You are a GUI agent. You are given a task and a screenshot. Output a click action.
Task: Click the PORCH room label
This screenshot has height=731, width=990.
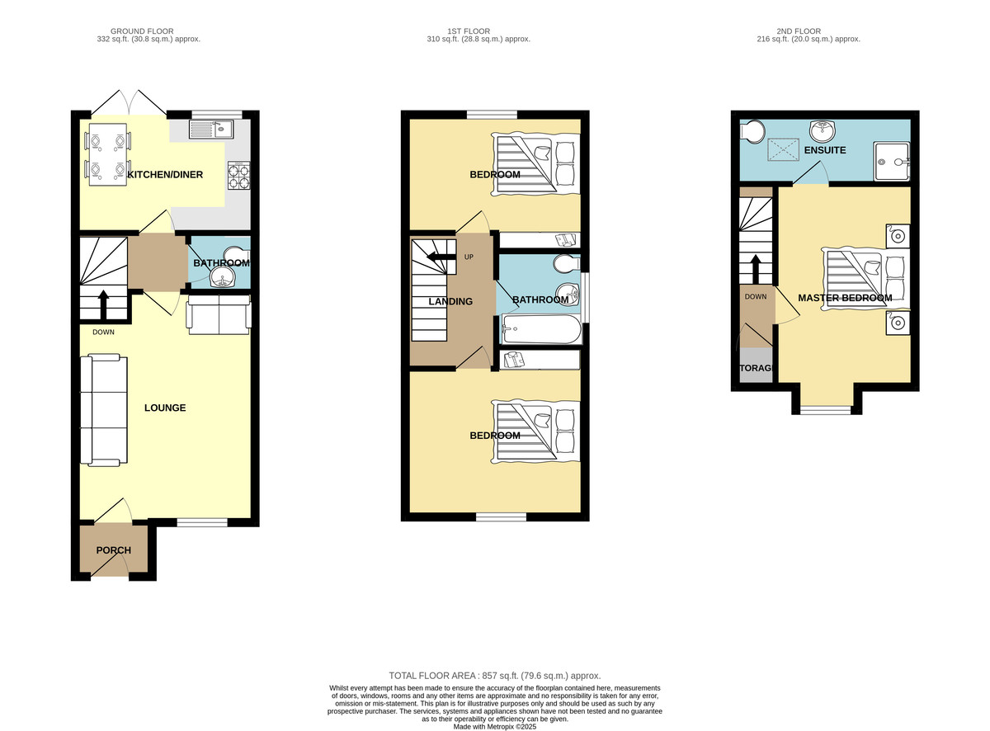(x=113, y=550)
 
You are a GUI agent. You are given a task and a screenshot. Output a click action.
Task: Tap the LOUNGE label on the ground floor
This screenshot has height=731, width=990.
(x=165, y=408)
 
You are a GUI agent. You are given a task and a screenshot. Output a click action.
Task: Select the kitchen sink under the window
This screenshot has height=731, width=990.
(x=211, y=130)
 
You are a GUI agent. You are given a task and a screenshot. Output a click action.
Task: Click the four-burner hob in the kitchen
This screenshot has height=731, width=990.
(x=238, y=176)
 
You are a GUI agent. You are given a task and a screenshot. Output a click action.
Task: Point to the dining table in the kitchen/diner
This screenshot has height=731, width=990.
(x=107, y=154)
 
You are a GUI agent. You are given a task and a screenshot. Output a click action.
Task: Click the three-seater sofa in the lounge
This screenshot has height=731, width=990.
(x=104, y=410)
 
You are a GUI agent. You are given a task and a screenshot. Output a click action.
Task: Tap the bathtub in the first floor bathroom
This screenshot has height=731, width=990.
(x=541, y=329)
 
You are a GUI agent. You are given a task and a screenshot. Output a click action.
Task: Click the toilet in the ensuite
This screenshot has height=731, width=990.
(x=752, y=131)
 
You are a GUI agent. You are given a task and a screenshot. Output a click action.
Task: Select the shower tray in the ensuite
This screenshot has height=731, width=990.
(x=891, y=162)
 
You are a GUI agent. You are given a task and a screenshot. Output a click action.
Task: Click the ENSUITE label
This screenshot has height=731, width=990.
(x=824, y=150)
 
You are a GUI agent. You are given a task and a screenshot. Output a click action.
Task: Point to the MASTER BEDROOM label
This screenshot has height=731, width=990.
(x=845, y=298)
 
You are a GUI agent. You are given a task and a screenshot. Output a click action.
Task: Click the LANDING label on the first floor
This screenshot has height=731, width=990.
(x=450, y=301)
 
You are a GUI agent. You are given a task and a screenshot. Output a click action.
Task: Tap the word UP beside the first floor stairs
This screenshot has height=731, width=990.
(x=469, y=257)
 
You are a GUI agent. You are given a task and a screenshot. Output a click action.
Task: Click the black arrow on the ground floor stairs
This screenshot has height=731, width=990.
(x=103, y=304)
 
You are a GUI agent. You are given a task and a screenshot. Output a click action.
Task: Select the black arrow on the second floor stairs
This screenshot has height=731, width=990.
(x=755, y=269)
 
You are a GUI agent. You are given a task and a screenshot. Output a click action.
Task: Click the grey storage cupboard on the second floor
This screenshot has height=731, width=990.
(x=756, y=365)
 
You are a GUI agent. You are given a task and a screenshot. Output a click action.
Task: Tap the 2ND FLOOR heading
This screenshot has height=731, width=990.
(x=799, y=31)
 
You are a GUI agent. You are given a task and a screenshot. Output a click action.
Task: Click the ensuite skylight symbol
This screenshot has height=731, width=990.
(x=784, y=149)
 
